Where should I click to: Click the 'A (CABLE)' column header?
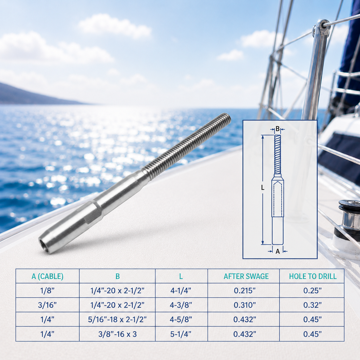tap(47, 276)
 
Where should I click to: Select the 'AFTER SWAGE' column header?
tap(246, 276)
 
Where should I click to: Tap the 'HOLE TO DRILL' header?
tap(313, 276)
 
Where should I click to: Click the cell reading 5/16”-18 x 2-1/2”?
tap(117, 319)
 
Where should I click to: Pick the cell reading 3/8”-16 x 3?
tap(117, 334)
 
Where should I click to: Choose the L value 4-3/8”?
tap(181, 305)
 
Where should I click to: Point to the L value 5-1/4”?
tap(181, 334)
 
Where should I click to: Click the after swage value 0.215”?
tap(245, 291)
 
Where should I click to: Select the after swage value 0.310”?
tap(245, 305)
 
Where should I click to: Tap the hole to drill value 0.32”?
tap(313, 305)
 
